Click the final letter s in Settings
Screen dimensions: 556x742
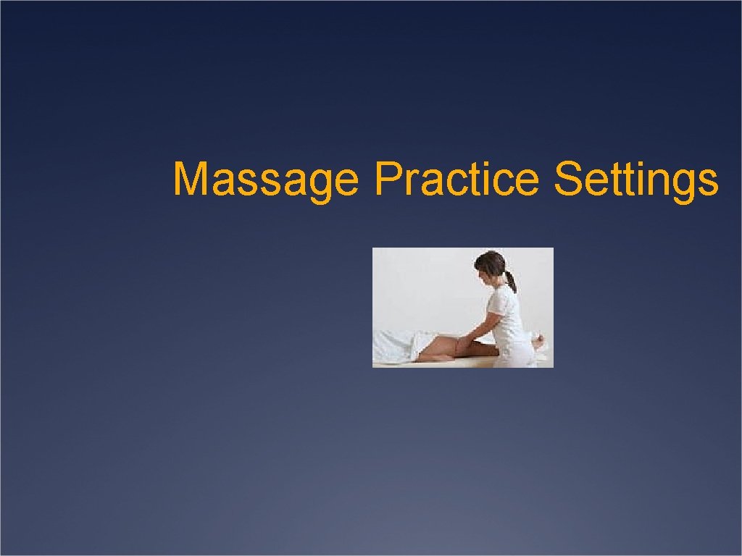710,182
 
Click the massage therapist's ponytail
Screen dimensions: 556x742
511,281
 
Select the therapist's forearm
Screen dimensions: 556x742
479,327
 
